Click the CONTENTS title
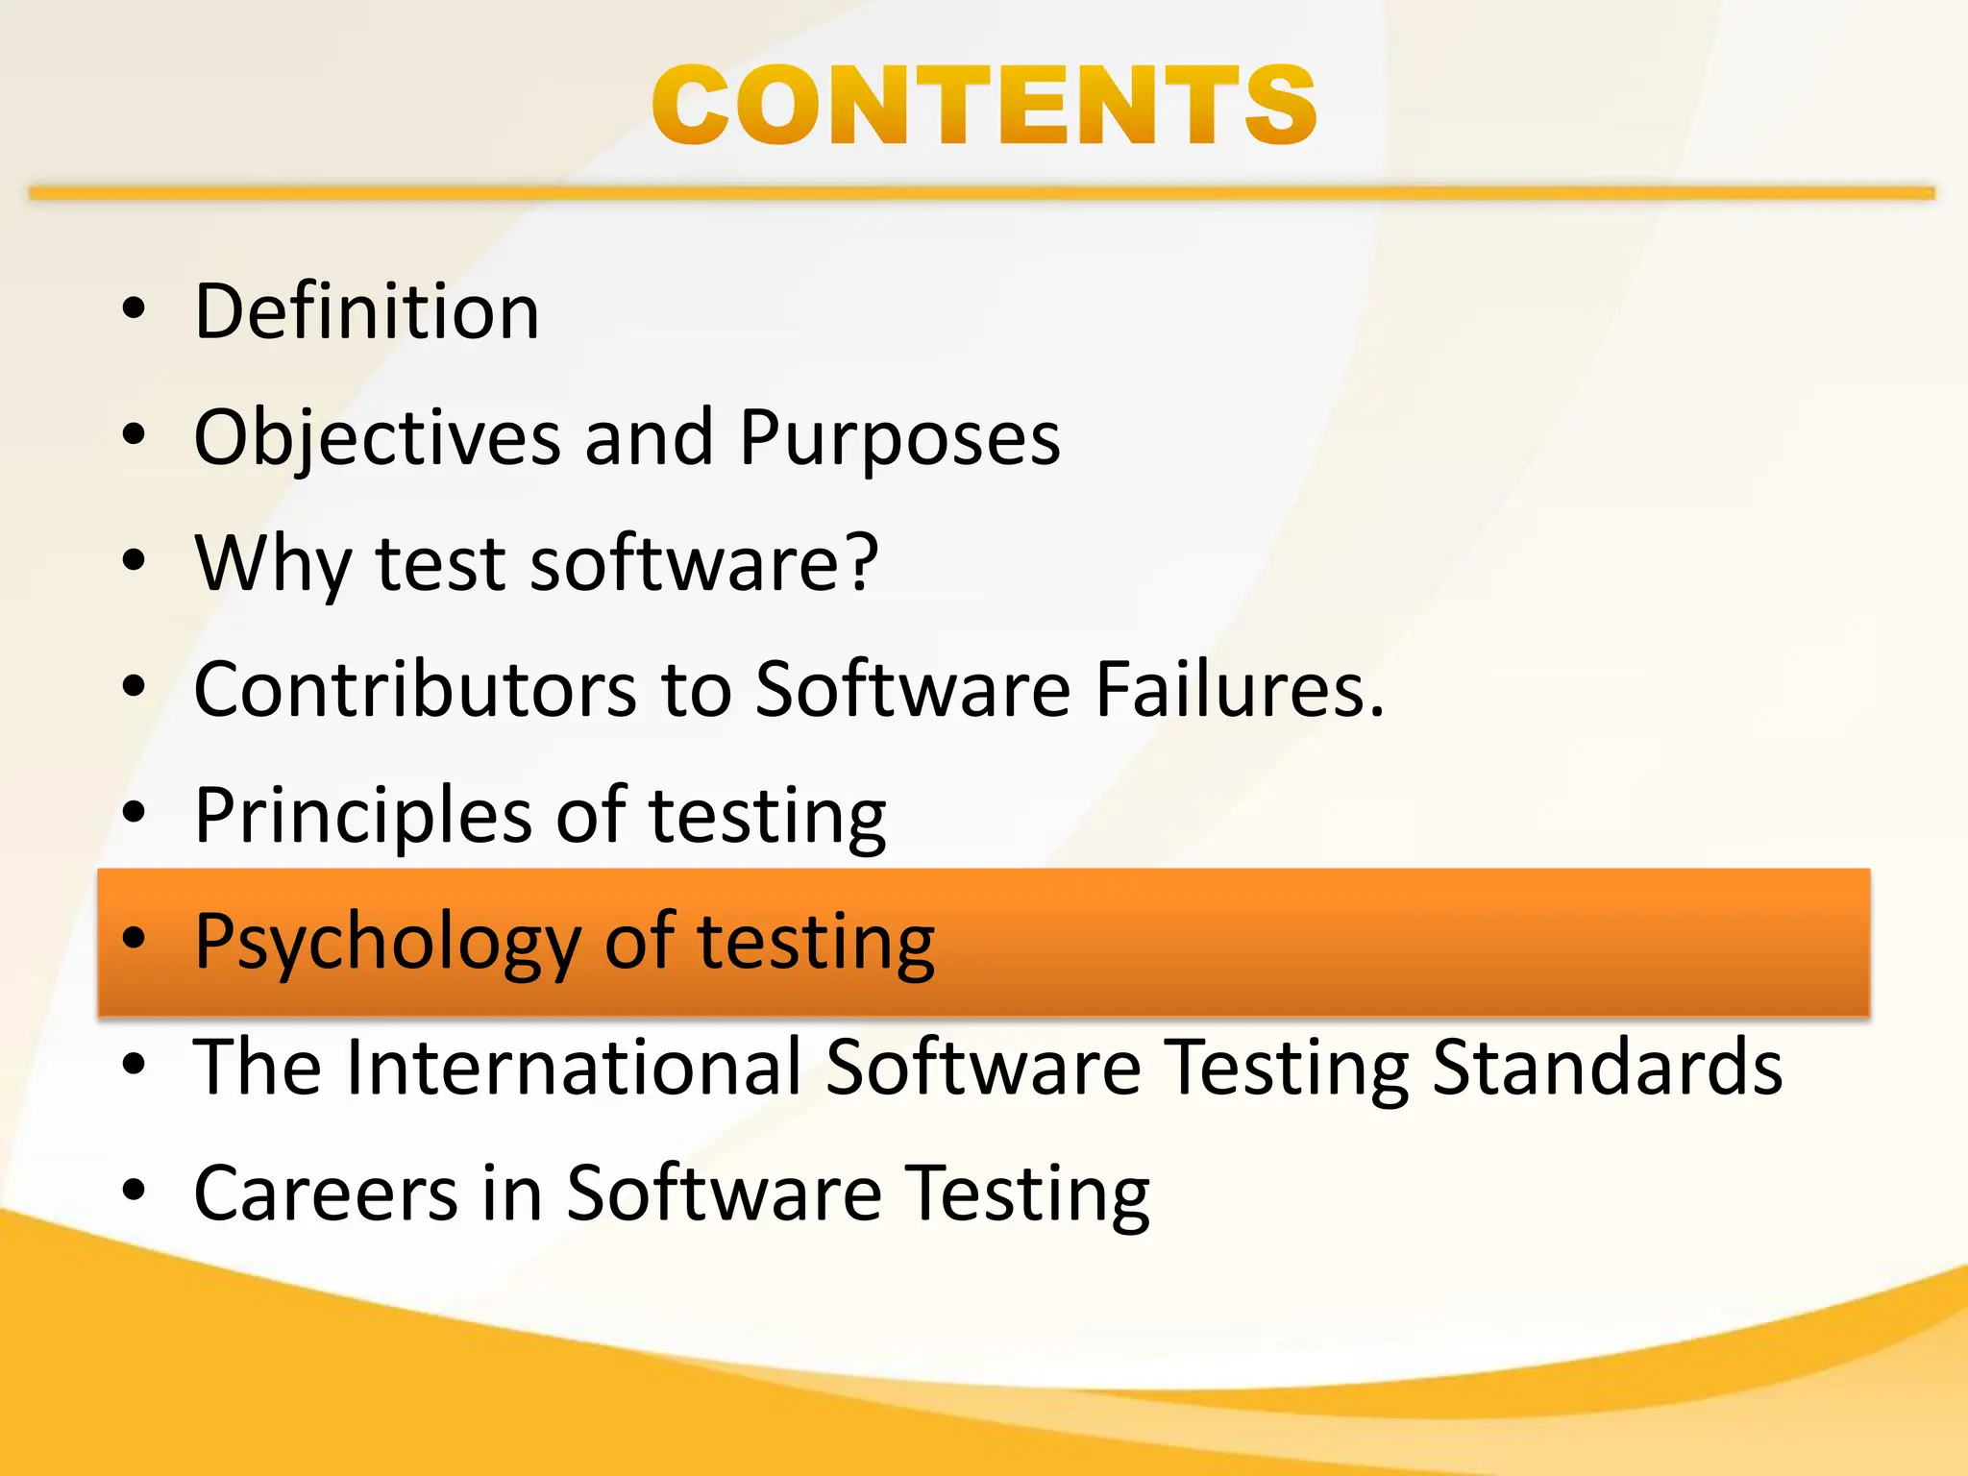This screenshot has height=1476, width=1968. (x=984, y=106)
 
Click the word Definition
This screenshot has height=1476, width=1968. (x=366, y=311)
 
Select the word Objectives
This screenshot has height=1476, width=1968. (x=377, y=438)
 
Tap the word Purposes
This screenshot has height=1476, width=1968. (x=899, y=438)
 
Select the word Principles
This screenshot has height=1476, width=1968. (x=362, y=815)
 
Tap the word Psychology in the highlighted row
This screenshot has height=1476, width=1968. (x=387, y=942)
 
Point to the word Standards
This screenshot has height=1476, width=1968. (x=1607, y=1067)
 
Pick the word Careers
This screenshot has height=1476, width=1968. (x=325, y=1193)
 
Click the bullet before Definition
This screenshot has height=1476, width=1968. (x=134, y=309)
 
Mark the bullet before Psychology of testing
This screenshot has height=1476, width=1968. (x=134, y=938)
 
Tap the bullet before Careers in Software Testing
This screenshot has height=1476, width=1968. (x=134, y=1190)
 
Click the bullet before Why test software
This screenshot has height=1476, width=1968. (x=134, y=560)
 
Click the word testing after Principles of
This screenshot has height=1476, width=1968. (x=767, y=815)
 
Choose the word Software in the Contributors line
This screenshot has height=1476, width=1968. (x=912, y=688)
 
